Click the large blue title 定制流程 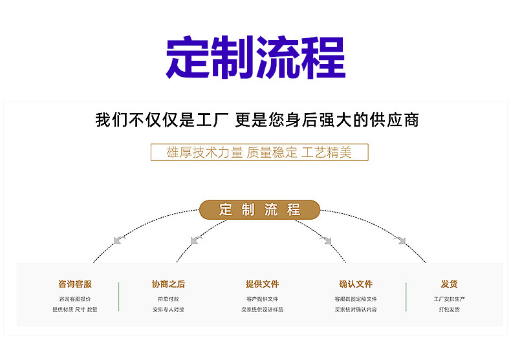point(255,58)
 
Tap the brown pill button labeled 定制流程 point(259,209)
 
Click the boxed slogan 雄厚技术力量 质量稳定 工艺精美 point(259,153)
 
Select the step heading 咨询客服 point(75,284)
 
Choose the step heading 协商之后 point(168,284)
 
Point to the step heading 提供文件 point(262,284)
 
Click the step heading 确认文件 point(356,284)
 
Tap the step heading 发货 point(450,284)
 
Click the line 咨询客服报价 point(75,299)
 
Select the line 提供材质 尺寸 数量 point(75,310)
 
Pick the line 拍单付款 point(168,299)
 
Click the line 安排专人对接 point(168,310)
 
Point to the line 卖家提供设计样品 point(262,310)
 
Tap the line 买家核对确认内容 point(356,310)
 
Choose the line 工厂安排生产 point(450,299)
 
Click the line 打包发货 point(450,310)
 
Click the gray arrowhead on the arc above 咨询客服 point(118,240)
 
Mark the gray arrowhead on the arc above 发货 point(401,240)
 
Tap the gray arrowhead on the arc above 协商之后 point(196,240)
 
